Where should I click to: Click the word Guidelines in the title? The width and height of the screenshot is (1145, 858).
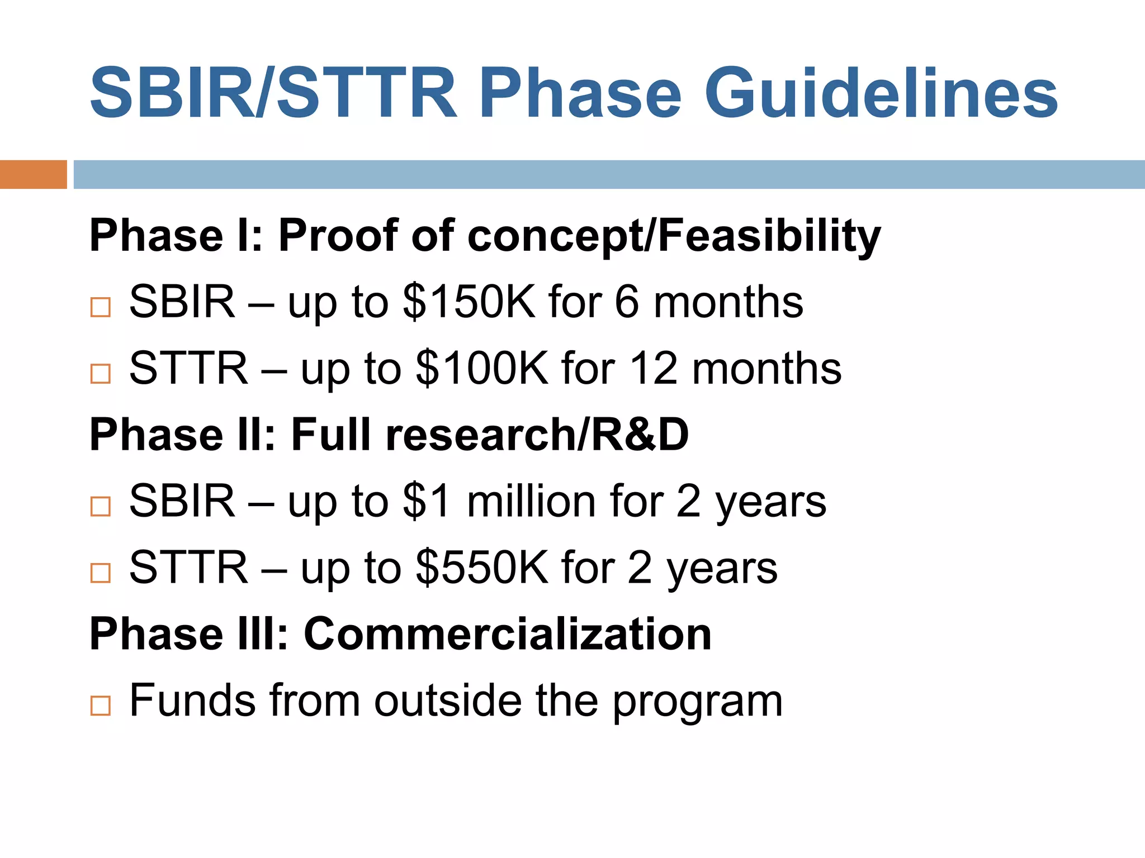point(881,93)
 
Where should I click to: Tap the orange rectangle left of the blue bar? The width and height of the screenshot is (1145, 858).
point(33,174)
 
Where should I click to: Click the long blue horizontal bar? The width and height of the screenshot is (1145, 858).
point(608,174)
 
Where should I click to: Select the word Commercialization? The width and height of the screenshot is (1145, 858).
point(507,634)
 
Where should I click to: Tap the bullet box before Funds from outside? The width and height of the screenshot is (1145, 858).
point(101,706)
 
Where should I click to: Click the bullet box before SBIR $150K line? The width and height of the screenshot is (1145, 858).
point(101,307)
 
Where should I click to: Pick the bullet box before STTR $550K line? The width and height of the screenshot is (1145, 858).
point(101,573)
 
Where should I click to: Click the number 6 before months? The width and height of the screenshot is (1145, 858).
point(626,302)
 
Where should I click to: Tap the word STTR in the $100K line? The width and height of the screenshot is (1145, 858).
point(188,369)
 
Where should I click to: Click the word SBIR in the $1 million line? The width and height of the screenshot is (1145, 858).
point(182,501)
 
